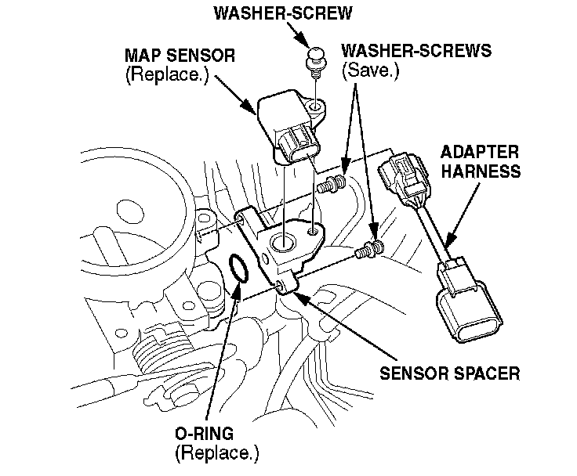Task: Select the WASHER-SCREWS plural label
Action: click(x=416, y=52)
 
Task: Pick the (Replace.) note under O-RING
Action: click(x=216, y=452)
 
